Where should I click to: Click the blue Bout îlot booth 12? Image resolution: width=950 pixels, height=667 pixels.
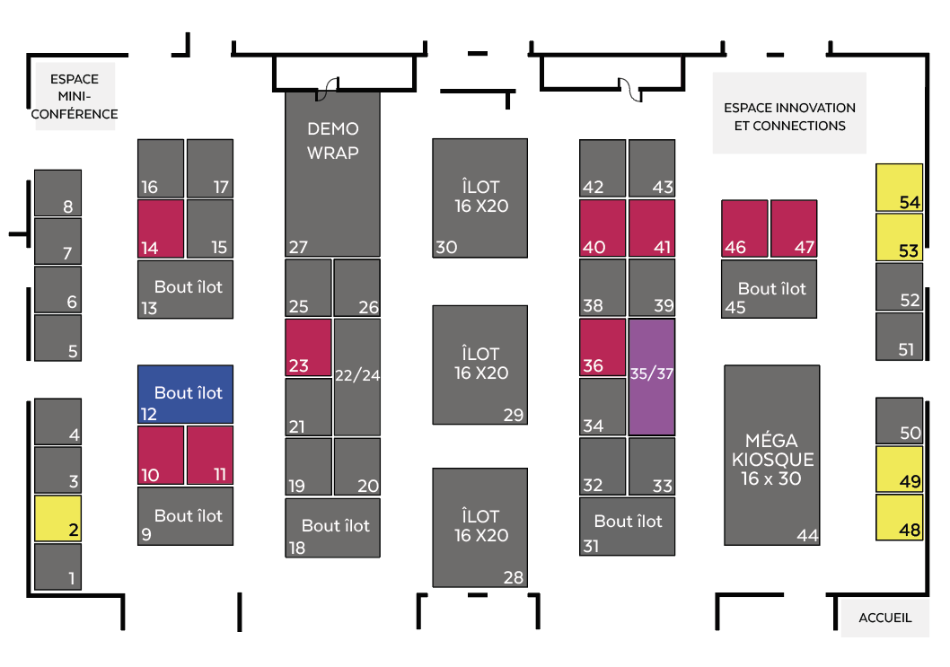(185, 394)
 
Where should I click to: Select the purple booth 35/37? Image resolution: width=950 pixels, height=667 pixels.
(651, 377)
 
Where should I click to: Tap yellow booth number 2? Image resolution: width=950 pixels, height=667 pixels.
(57, 518)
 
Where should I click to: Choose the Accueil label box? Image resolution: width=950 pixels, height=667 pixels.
(884, 618)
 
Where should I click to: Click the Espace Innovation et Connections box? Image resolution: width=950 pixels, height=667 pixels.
(789, 113)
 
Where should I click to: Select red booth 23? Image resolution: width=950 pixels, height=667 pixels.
(308, 347)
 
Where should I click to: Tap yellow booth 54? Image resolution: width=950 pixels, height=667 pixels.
(899, 187)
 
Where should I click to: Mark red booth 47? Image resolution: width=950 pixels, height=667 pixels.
(794, 228)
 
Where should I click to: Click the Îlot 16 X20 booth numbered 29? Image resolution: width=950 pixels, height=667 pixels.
(479, 364)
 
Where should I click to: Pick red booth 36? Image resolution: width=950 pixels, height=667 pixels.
(602, 347)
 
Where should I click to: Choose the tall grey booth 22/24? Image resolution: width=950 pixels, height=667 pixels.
(357, 377)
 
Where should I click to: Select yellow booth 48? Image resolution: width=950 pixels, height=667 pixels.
(899, 517)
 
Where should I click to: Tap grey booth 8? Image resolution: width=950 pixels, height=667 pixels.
(57, 192)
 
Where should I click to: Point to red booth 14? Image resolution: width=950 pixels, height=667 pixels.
(160, 228)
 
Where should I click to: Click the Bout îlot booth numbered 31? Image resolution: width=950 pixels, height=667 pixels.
(627, 526)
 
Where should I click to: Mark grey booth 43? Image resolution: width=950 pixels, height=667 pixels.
(651, 168)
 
